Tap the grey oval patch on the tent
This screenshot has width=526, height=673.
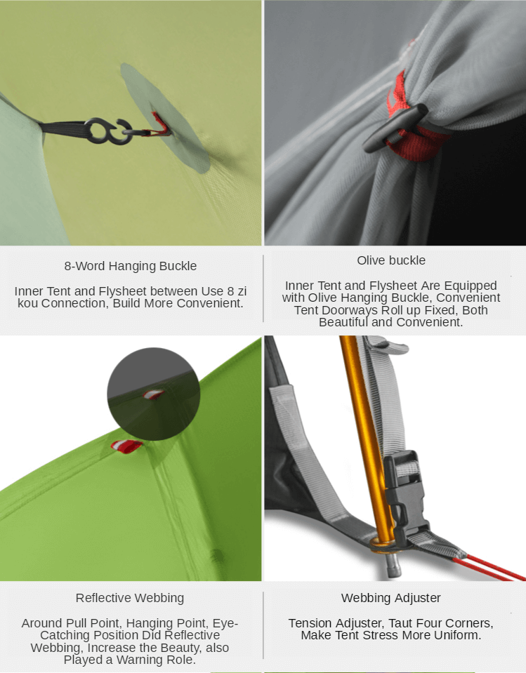tap(165, 117)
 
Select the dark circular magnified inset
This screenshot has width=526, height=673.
tap(153, 394)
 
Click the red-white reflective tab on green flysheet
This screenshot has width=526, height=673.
tap(126, 446)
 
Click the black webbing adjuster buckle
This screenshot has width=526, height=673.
tap(405, 498)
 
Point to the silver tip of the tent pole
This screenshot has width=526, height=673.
tap(393, 565)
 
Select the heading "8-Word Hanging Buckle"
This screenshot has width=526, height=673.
tap(131, 266)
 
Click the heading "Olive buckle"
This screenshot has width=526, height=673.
tap(391, 260)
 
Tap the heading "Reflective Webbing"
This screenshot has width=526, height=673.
tap(130, 598)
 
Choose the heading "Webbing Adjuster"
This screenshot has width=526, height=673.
tap(390, 598)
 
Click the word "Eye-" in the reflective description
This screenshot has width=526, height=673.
tap(225, 623)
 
